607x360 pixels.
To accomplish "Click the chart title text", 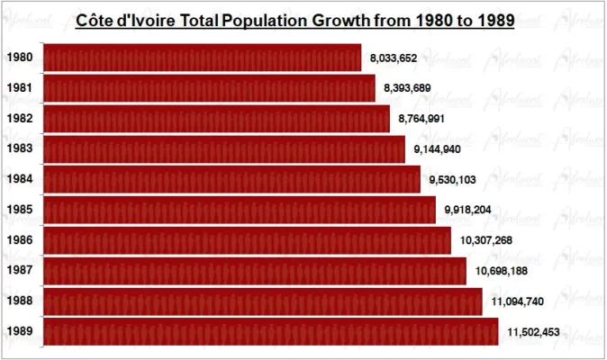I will pos(294,20).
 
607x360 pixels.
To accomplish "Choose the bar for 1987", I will pos(254,271).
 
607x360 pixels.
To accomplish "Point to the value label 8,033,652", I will pos(393,58).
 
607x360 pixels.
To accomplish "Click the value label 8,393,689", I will pos(406,88).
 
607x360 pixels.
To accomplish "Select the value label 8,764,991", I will pos(421,119).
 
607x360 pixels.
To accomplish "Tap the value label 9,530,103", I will pos(452,180).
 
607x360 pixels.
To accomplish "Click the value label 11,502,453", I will pos(533,332).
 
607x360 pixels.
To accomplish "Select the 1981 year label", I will pos(20,88).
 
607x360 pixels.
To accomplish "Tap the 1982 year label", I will pos(20,119).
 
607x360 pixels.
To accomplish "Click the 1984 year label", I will pos(20,179).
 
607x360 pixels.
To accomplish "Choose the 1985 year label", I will pos(20,210).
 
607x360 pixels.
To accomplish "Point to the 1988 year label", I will pos(20,301).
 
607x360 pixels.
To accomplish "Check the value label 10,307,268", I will pos(483,241).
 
